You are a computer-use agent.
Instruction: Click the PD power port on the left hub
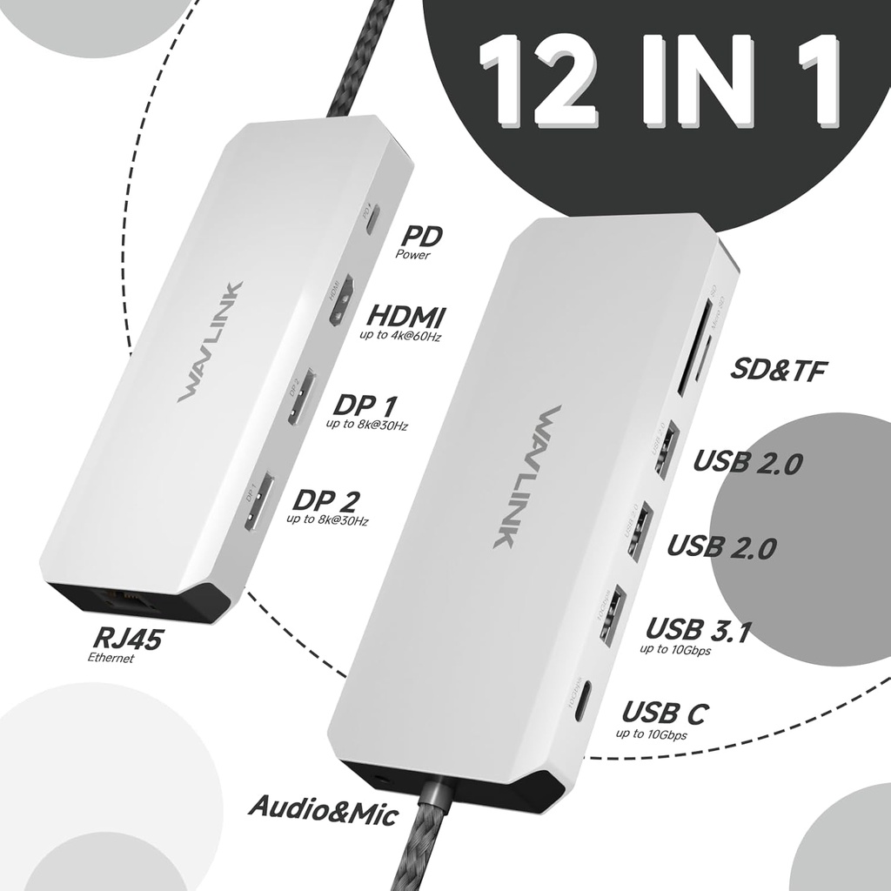tap(373, 221)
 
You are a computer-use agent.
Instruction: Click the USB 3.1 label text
tap(698, 629)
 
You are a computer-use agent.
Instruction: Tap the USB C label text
tap(664, 713)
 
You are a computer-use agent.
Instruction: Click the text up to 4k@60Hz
tap(399, 335)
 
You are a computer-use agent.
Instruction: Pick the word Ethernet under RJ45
tap(111, 659)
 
